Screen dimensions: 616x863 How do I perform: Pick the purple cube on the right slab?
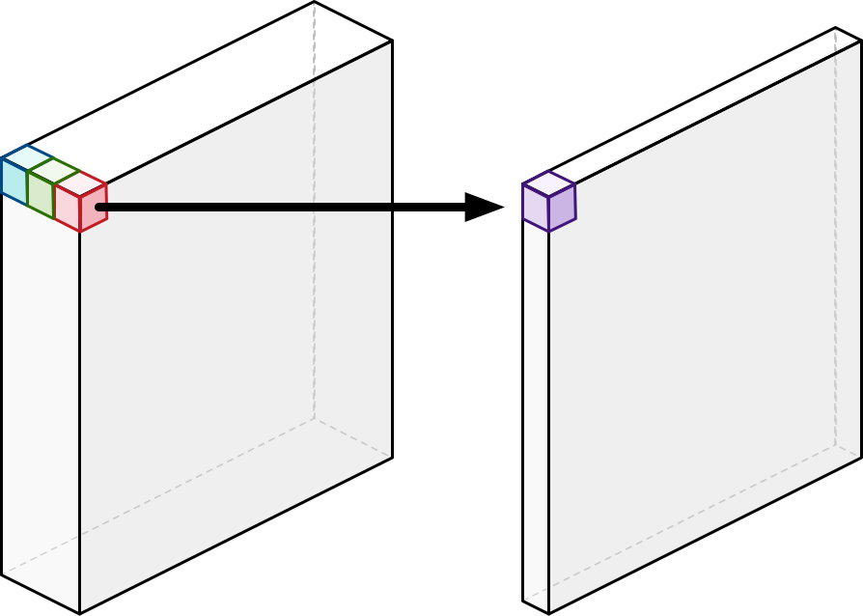[548, 203]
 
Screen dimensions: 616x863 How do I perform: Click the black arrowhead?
[482, 207]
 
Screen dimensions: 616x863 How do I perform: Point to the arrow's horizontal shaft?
[290, 207]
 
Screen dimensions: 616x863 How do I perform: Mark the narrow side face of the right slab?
[536, 415]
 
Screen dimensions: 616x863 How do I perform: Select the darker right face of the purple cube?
[562, 207]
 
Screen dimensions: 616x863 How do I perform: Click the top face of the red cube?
[80, 182]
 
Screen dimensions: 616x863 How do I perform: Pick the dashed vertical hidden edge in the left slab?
[314, 241]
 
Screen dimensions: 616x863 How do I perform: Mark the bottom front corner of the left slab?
[79, 613]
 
